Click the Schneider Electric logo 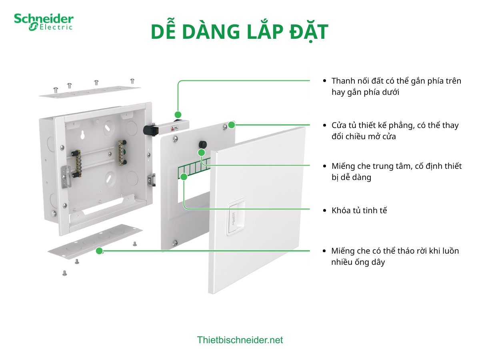click(44, 22)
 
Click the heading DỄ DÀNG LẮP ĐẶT click(240, 32)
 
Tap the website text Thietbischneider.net click(240, 340)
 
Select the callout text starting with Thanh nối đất click(396, 86)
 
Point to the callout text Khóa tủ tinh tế click(359, 210)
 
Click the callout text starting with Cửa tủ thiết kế click(395, 131)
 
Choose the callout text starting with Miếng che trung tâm click(396, 172)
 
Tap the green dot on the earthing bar click(178, 114)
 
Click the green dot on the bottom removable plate click(99, 251)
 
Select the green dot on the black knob click(202, 152)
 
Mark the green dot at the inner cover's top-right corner click(232, 124)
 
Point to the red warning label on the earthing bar click(174, 128)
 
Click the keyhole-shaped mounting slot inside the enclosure click(83, 134)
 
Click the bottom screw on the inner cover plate click(175, 242)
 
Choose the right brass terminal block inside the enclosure click(121, 152)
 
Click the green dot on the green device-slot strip click(184, 176)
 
